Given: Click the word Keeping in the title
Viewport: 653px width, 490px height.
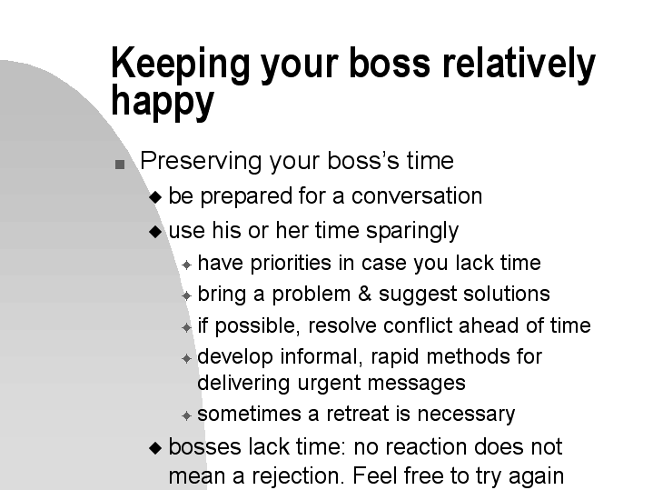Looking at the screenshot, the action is [x=181, y=65].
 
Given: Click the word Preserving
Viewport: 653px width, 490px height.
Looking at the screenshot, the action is [x=201, y=162].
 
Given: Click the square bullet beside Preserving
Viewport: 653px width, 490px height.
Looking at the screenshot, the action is [x=120, y=165].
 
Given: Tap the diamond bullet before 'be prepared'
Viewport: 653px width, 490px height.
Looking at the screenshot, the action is [x=155, y=197].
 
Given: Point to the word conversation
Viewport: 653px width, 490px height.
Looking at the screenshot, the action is [x=417, y=196].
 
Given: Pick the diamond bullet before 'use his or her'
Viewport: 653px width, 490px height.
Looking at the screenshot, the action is [x=155, y=232].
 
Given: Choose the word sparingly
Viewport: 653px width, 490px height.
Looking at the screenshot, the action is [x=412, y=232].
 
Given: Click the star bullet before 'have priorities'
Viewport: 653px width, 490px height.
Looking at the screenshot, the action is [x=186, y=265].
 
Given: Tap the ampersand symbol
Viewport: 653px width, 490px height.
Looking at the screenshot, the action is [x=364, y=294].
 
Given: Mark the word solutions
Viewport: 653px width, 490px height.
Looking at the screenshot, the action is [x=507, y=294].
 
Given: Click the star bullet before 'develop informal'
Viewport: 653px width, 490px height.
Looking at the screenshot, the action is [x=186, y=359].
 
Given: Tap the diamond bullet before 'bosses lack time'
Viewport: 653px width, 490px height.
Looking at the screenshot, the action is [x=155, y=448].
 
